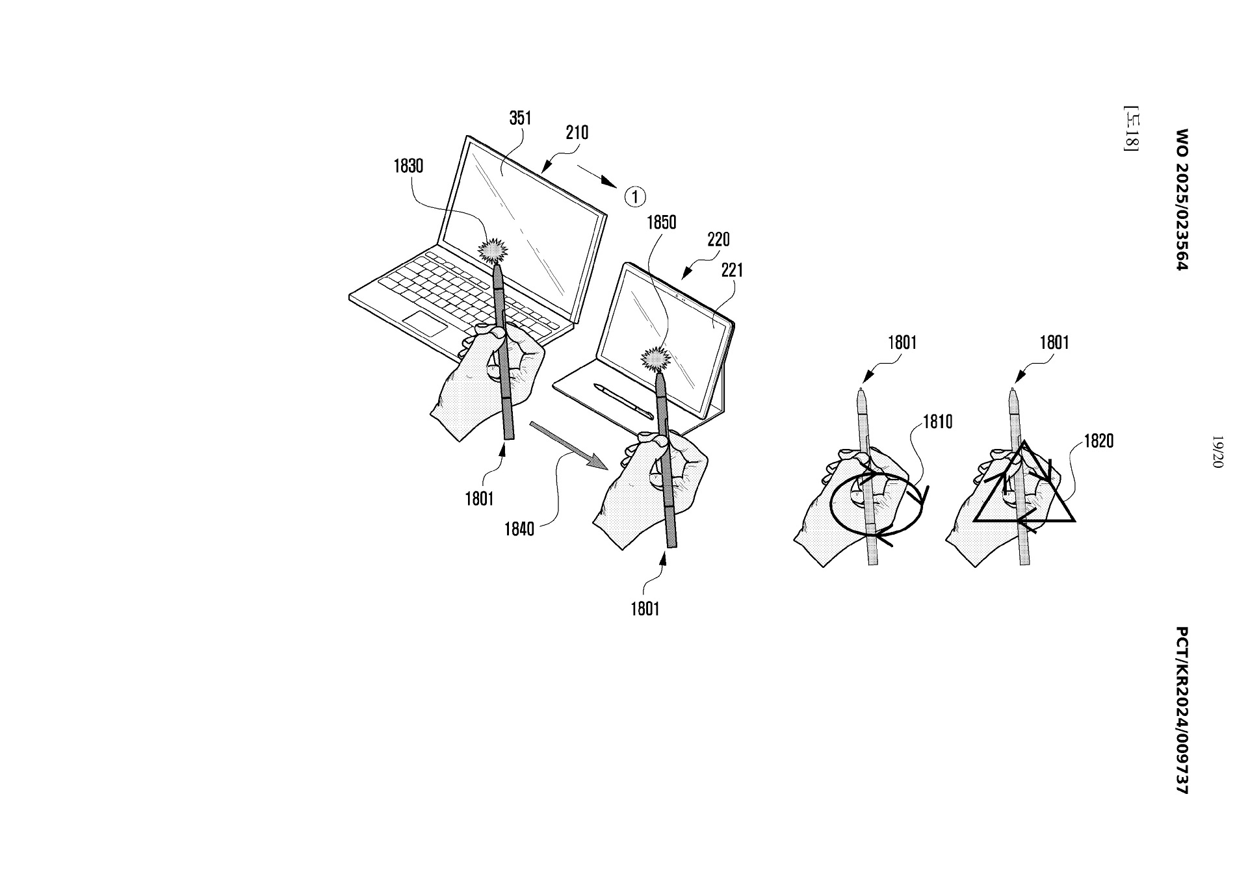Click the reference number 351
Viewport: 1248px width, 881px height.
pyautogui.click(x=520, y=118)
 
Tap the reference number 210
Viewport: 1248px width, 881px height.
pyautogui.click(x=577, y=133)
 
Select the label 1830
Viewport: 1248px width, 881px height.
pyautogui.click(x=408, y=166)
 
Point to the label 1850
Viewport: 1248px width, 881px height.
pyautogui.click(x=661, y=223)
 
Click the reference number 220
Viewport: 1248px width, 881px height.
pyautogui.click(x=718, y=240)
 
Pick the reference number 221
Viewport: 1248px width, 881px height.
pyautogui.click(x=732, y=270)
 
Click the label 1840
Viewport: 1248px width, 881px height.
pyautogui.click(x=519, y=530)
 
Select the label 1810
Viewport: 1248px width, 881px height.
pyautogui.click(x=937, y=422)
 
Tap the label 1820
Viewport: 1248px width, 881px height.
pyautogui.click(x=1098, y=442)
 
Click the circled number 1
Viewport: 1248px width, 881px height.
pyautogui.click(x=635, y=196)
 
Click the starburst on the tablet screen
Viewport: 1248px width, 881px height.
pyautogui.click(x=656, y=358)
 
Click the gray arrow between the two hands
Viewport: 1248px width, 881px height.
pyautogui.click(x=569, y=445)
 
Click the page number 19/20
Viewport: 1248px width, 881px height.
pyautogui.click(x=1217, y=451)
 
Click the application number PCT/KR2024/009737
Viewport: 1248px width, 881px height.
pyautogui.click(x=1182, y=710)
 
